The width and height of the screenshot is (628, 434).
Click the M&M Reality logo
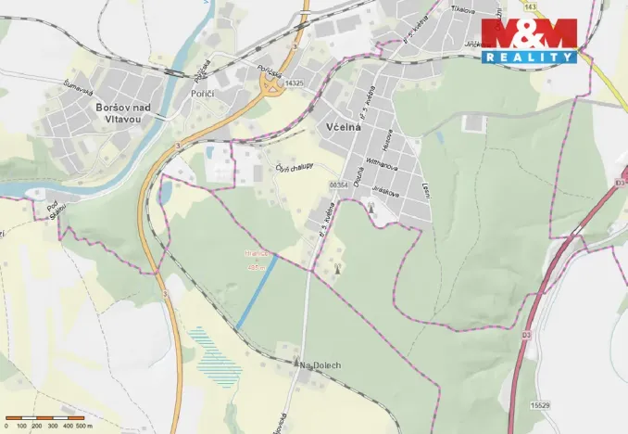527,41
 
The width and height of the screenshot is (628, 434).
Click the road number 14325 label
295,83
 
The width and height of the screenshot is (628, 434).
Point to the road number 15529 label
541,405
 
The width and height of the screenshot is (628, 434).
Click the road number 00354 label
337,185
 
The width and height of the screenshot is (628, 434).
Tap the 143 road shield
529,6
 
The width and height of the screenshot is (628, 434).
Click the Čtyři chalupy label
295,168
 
